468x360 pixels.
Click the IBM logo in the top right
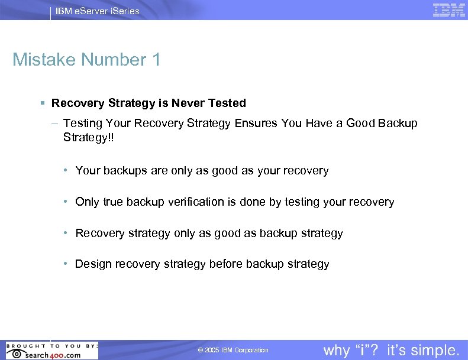click(449, 10)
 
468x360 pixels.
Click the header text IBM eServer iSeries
click(98, 11)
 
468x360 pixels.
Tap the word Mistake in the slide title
click(44, 60)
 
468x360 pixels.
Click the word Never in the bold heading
click(188, 103)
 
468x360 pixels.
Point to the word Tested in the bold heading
click(227, 103)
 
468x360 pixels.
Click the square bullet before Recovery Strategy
click(44, 103)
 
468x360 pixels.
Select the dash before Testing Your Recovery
click(54, 124)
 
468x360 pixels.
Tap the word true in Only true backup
click(112, 202)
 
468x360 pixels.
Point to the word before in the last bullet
click(226, 264)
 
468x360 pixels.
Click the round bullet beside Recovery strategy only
click(67, 233)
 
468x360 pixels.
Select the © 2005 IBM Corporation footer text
click(233, 351)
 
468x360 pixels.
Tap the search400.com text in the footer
click(53, 355)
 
